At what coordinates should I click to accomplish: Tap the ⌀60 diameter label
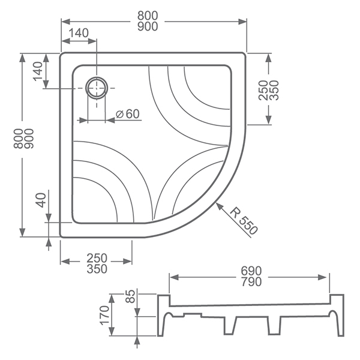(128, 114)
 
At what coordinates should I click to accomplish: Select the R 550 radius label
(244, 220)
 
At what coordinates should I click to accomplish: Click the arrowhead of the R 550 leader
(219, 206)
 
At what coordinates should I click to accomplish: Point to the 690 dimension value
(251, 271)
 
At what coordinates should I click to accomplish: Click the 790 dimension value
(251, 282)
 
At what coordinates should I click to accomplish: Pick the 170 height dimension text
(104, 315)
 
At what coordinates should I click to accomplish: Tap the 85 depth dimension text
(130, 296)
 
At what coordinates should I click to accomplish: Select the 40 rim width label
(41, 200)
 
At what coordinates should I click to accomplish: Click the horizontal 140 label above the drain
(78, 33)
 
